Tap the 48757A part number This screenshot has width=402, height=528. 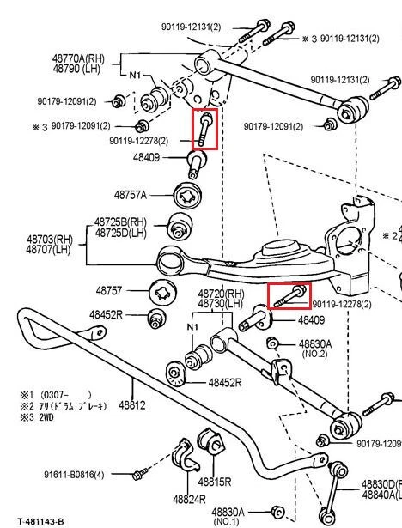tap(131, 195)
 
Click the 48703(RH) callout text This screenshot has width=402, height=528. tap(50, 240)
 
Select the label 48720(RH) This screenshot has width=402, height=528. tap(222, 294)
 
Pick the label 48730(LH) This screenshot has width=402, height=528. tap(222, 304)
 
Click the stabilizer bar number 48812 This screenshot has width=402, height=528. tap(132, 404)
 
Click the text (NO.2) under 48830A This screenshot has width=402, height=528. tap(314, 353)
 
